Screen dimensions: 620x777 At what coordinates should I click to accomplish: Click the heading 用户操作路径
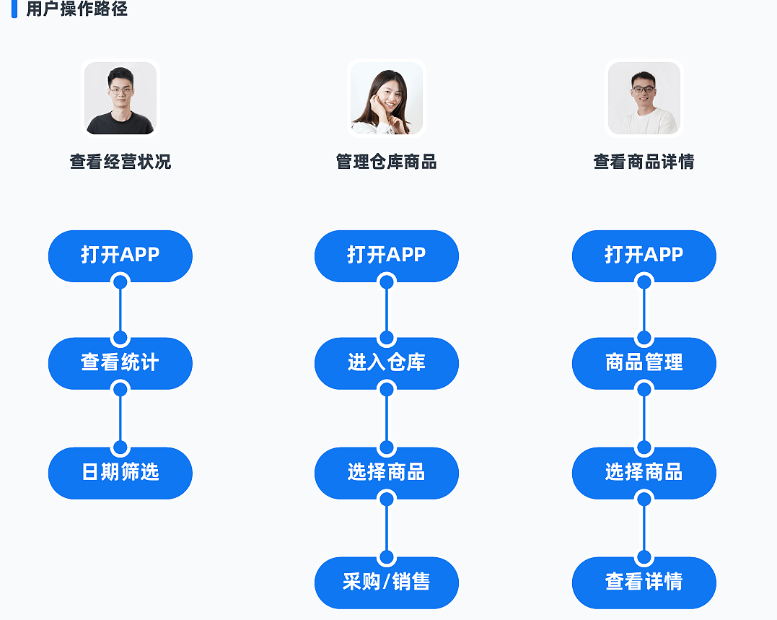[76, 9]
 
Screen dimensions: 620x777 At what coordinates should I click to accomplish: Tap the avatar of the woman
[387, 98]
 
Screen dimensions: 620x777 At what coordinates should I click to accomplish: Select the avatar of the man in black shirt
[120, 98]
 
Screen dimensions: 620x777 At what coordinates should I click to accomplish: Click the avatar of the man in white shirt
[644, 98]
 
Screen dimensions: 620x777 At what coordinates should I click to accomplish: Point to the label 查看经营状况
[120, 162]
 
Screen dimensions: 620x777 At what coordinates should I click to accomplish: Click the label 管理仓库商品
[387, 162]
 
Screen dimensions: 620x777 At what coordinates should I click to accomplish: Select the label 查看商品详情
[644, 162]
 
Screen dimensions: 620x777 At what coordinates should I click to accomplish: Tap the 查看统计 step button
[120, 363]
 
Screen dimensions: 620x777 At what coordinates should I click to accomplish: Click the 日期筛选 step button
[120, 473]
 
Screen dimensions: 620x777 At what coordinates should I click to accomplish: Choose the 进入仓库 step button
[387, 363]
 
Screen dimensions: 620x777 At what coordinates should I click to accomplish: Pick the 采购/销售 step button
[387, 582]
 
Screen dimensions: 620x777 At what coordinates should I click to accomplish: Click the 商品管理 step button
[644, 363]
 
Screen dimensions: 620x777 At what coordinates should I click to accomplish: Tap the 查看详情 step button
[644, 582]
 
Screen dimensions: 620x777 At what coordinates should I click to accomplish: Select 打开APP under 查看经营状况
[120, 256]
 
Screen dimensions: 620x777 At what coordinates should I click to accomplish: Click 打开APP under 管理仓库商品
[387, 256]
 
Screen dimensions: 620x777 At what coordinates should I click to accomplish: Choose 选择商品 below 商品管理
[644, 473]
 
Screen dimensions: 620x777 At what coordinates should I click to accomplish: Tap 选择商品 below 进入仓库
[387, 473]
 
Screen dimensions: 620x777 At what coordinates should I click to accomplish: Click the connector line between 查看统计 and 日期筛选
[120, 419]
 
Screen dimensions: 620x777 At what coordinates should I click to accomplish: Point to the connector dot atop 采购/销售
[387, 558]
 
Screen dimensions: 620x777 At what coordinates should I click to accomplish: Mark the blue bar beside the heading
[14, 9]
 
